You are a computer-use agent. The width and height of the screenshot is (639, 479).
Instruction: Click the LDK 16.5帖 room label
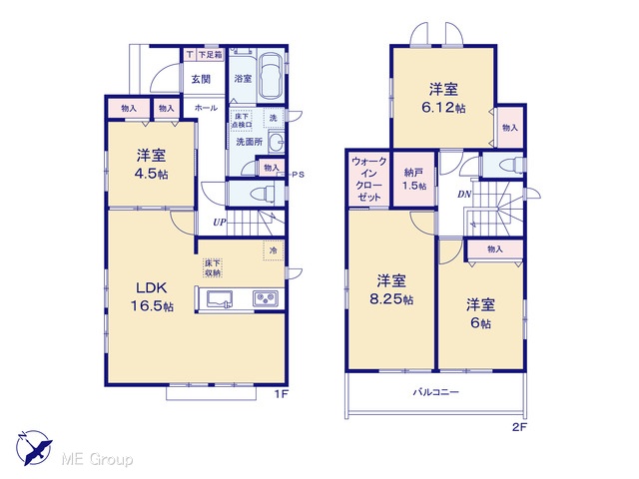coord(152,296)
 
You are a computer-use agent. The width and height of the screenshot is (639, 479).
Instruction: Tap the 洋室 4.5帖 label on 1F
coord(151,164)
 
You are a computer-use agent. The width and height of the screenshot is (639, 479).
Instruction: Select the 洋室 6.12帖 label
coord(443,98)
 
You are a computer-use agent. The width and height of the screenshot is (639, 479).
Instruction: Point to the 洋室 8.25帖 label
coord(391,289)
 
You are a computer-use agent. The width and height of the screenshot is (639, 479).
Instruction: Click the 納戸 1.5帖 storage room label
coord(414,179)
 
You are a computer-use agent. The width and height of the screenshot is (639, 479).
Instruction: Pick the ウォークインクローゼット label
coord(368,180)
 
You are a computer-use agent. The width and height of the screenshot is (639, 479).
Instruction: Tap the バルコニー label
coord(436,392)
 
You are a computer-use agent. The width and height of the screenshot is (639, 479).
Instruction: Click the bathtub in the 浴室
coord(272,76)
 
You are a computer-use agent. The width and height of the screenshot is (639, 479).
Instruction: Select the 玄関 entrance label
coord(202,79)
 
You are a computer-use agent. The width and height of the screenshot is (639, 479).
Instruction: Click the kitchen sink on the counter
coord(220,299)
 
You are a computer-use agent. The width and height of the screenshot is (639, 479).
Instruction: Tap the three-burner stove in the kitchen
coord(266,299)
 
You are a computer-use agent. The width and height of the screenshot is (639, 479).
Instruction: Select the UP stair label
coord(220,223)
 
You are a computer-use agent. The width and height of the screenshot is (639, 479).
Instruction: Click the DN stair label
coord(464,195)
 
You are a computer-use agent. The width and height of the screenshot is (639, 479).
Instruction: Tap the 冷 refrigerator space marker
coord(274,249)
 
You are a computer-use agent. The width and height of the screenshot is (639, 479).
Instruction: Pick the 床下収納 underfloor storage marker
coord(213,268)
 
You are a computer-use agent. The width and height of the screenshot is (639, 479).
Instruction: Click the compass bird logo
coord(35,448)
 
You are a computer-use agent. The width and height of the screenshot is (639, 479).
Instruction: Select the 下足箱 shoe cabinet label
coord(211,54)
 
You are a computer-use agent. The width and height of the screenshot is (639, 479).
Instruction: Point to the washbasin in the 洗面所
coord(277,142)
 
